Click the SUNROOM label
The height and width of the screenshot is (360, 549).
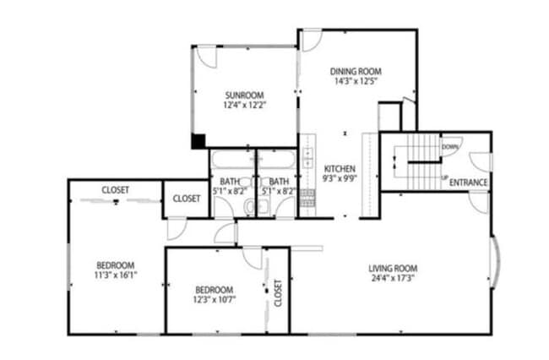tap(244, 95)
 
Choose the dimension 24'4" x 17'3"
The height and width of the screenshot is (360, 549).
tap(393, 281)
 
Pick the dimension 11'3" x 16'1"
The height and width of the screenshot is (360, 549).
tap(115, 275)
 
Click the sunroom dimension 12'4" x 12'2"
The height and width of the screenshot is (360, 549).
tap(244, 106)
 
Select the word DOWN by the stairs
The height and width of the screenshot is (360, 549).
tap(450, 147)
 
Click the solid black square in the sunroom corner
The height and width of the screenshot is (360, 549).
tap(198, 141)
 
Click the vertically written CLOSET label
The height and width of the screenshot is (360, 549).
tap(277, 292)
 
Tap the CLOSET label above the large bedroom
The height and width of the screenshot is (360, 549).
tap(116, 190)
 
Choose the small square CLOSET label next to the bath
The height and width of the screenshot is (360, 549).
tap(186, 199)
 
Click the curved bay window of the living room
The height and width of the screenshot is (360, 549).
tap(495, 264)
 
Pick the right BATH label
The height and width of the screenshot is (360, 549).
tap(280, 181)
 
